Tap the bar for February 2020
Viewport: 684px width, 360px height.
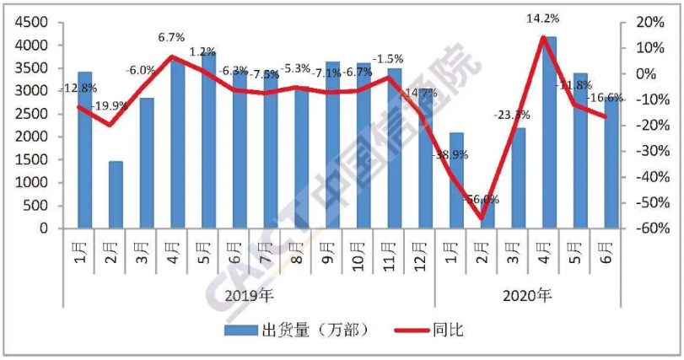point(487,212)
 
